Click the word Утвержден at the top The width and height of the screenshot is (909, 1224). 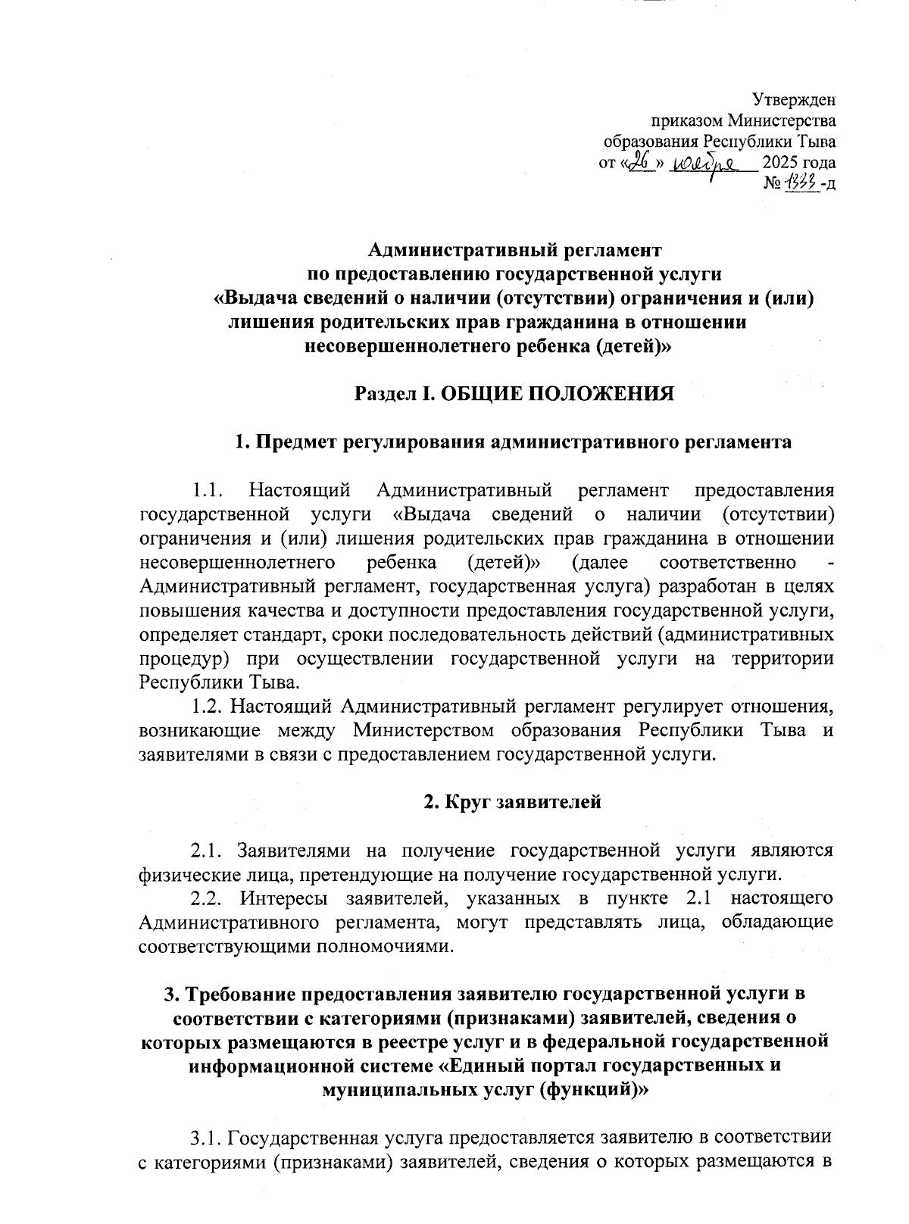pyautogui.click(x=794, y=98)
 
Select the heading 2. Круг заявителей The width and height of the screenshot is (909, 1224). pyautogui.click(x=512, y=801)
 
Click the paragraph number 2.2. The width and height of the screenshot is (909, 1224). pyautogui.click(x=207, y=898)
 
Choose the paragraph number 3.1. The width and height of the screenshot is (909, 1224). pyautogui.click(x=206, y=1138)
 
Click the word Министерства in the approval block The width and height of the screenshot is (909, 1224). pyautogui.click(x=782, y=120)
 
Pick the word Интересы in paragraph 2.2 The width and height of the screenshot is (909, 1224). pyautogui.click(x=285, y=898)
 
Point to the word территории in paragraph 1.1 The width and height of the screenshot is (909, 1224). pyautogui.click(x=782, y=657)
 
